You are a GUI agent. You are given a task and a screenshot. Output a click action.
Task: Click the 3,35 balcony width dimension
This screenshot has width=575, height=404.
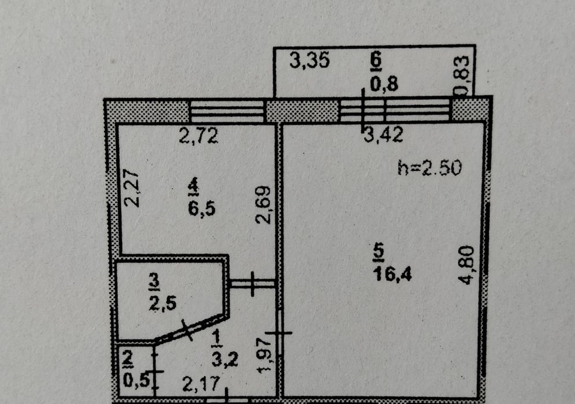[309, 60]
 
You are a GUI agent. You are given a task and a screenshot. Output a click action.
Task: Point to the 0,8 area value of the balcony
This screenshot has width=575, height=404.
[383, 84]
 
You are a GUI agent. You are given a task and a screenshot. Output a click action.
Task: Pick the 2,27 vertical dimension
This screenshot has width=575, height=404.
[131, 188]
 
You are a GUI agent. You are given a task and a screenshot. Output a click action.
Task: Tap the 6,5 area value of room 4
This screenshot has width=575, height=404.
[201, 208]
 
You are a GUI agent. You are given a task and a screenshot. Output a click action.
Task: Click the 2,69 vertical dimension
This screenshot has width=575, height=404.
[263, 205]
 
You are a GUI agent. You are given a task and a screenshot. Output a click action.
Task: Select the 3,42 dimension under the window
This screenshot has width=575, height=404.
[383, 134]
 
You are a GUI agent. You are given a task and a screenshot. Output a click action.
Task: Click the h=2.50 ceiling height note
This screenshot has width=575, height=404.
[430, 169]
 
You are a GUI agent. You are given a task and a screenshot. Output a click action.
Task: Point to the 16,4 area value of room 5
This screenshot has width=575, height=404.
[393, 274]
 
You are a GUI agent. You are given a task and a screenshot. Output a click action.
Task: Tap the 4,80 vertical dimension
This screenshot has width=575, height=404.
[467, 265]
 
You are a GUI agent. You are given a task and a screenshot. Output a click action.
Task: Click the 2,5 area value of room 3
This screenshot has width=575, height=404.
[163, 304]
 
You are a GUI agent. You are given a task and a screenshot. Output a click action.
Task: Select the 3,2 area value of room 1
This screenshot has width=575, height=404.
[225, 359]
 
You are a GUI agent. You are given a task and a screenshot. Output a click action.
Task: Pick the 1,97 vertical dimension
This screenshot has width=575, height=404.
[266, 354]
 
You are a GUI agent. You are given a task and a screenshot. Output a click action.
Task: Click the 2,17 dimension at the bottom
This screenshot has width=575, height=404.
[201, 384]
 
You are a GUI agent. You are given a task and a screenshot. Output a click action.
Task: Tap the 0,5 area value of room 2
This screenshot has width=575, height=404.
[137, 381]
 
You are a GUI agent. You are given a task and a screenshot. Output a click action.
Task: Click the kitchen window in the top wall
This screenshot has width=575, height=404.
[227, 111]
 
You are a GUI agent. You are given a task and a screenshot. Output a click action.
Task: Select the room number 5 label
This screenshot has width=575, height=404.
[379, 253]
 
